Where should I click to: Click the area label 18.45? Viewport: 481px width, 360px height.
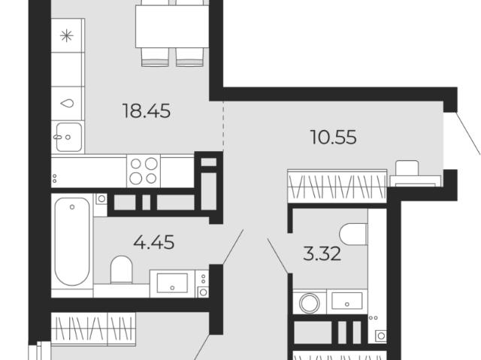146,110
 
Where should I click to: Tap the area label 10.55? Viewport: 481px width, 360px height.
334,137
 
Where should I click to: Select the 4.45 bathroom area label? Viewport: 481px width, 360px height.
154,242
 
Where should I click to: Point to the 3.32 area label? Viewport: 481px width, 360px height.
322,254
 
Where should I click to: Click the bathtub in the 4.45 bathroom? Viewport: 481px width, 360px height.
72,241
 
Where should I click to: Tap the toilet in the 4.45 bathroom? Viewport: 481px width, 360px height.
121,270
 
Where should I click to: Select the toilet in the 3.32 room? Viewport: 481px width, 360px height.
353,234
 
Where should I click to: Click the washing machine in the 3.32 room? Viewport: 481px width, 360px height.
310,302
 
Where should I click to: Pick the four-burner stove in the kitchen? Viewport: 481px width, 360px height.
144,171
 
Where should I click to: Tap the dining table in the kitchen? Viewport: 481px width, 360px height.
172,26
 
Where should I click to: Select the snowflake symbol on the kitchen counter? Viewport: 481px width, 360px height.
67,36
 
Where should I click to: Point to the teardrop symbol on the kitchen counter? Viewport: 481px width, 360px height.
67,103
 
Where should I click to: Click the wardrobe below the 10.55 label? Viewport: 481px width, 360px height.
337,186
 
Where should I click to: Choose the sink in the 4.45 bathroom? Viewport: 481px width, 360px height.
172,283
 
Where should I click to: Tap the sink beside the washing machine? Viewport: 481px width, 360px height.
347,301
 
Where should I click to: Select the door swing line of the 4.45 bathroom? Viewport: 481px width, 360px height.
233,247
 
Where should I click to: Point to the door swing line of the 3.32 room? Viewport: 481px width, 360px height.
277,256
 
